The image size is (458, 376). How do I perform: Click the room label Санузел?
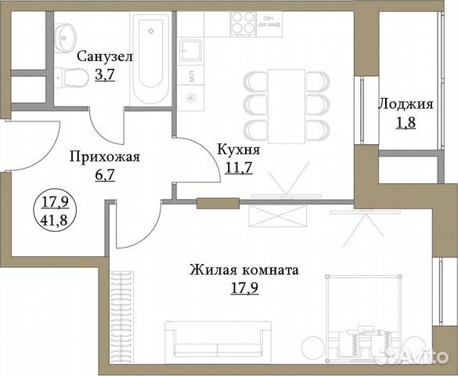pyautogui.click(x=104, y=56)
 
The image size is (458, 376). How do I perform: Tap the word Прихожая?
pyautogui.click(x=104, y=157)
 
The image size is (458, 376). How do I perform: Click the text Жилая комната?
pyautogui.click(x=243, y=270)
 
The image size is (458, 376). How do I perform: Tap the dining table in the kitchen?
pyautogui.click(x=286, y=103)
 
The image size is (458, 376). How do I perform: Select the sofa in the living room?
pyautogui.click(x=210, y=340)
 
